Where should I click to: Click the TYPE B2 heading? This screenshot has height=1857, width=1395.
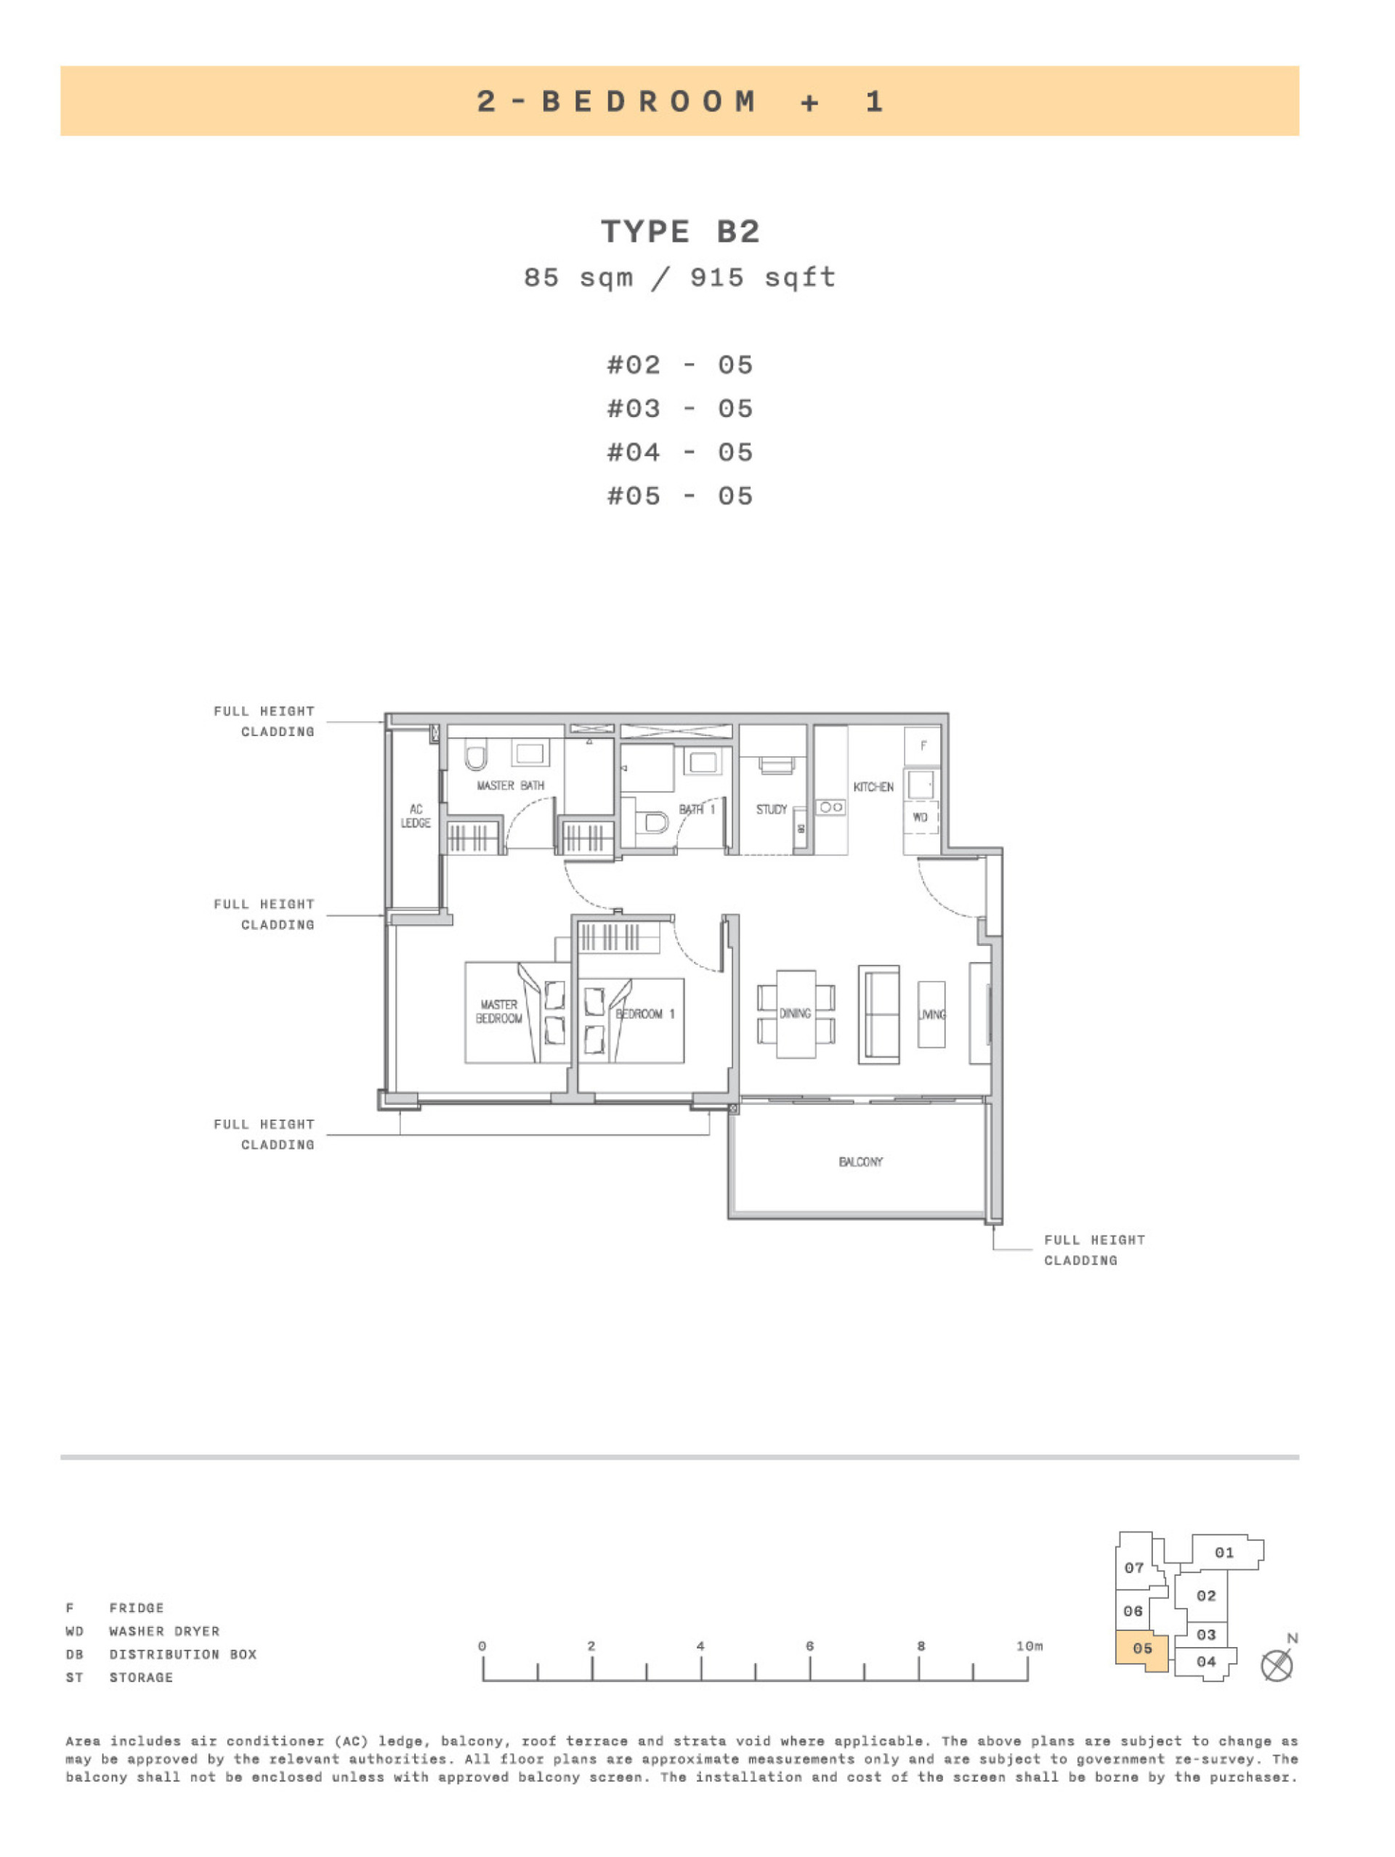(680, 231)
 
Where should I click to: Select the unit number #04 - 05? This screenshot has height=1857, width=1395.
(680, 453)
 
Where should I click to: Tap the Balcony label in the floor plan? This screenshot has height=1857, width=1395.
(860, 1162)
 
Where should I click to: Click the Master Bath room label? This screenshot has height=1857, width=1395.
(510, 786)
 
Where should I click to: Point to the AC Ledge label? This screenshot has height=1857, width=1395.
(416, 816)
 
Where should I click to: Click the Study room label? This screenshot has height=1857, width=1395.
(772, 809)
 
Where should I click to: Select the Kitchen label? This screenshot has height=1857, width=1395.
(873, 787)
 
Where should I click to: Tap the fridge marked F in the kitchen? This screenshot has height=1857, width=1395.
(923, 745)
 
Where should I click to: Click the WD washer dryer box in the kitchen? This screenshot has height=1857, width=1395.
(921, 817)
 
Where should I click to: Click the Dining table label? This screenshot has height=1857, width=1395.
(795, 1014)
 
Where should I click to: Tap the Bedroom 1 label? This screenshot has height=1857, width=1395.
(644, 1014)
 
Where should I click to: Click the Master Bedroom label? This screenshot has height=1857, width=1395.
(498, 1011)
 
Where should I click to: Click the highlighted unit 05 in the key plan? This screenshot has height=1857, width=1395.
(1141, 1648)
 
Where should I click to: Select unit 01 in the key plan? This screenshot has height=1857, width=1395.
(1224, 1553)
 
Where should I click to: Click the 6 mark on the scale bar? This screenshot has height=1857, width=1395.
(810, 1646)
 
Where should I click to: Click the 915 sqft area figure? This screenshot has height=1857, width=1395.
(762, 278)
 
